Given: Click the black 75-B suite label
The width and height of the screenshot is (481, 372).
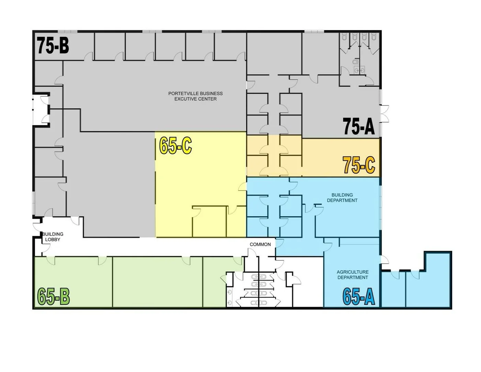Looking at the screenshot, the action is [x=53, y=45].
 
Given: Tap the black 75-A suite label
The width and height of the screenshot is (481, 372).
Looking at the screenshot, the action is [x=359, y=126].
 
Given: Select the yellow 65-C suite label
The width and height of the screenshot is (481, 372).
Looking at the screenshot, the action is [x=176, y=145].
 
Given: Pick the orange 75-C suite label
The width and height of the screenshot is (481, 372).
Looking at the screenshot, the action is [x=359, y=165].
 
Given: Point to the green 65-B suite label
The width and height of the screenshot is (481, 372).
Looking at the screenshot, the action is [x=53, y=296].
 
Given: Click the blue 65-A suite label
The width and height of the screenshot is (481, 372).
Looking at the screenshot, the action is [x=359, y=296].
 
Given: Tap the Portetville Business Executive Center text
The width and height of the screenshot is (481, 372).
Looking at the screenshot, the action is [x=195, y=96].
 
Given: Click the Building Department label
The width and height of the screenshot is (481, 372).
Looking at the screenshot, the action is [x=342, y=198].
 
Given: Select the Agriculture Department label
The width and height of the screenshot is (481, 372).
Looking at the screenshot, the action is [x=353, y=275].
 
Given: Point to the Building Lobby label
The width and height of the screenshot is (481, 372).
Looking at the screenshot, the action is [x=53, y=237].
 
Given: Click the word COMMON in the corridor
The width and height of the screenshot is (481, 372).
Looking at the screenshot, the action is [x=260, y=244].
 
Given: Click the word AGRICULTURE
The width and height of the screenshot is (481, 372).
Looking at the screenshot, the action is [x=353, y=272].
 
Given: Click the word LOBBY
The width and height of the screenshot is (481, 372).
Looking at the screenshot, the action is [x=53, y=239].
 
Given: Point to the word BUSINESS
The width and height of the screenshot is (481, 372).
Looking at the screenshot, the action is [x=210, y=94].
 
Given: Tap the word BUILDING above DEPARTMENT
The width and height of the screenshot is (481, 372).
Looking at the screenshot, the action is [x=342, y=195].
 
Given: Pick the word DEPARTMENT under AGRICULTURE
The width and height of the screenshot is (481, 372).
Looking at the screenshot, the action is [x=353, y=277].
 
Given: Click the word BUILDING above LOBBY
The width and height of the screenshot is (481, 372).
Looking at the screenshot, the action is [x=53, y=234].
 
